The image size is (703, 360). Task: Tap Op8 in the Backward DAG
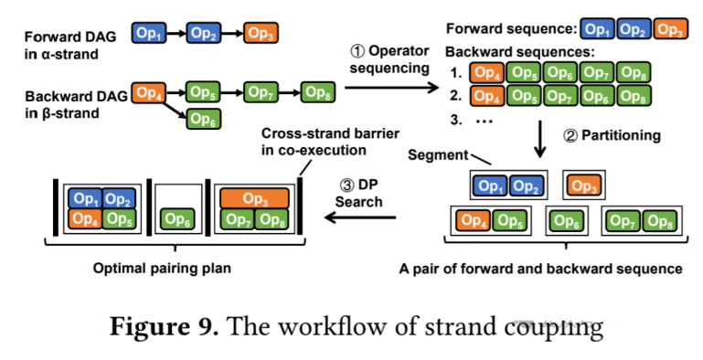(318, 91)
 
